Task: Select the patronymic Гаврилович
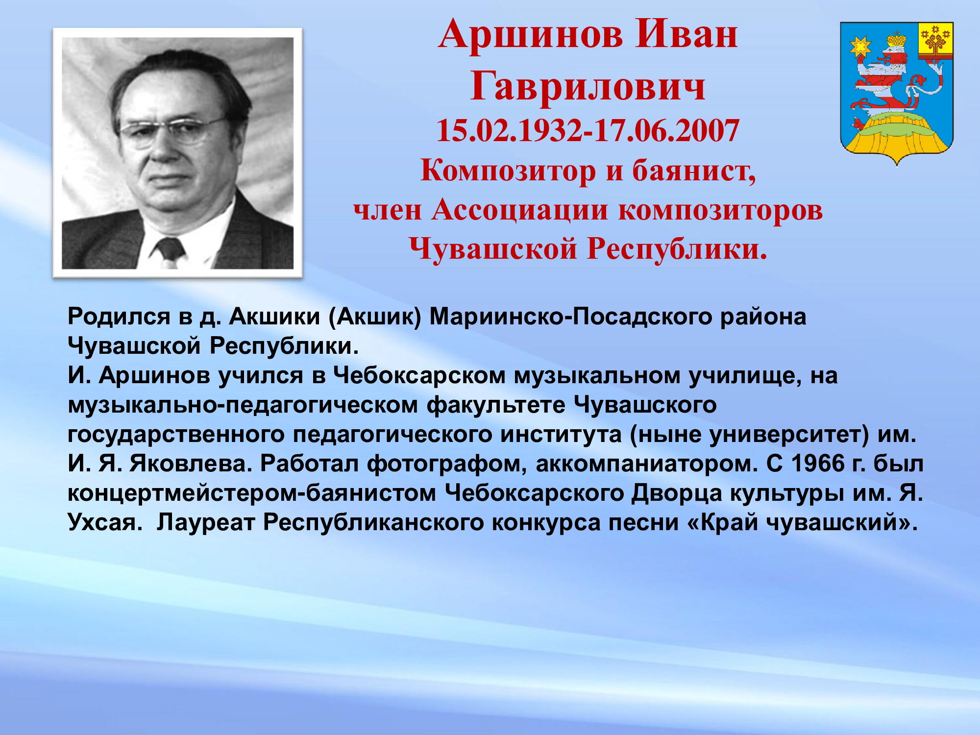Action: pos(588,87)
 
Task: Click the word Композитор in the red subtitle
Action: pos(508,171)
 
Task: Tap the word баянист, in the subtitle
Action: pos(694,171)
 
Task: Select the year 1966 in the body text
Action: pos(818,464)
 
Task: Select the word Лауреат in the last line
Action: pos(206,523)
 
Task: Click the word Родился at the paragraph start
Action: pos(119,317)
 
